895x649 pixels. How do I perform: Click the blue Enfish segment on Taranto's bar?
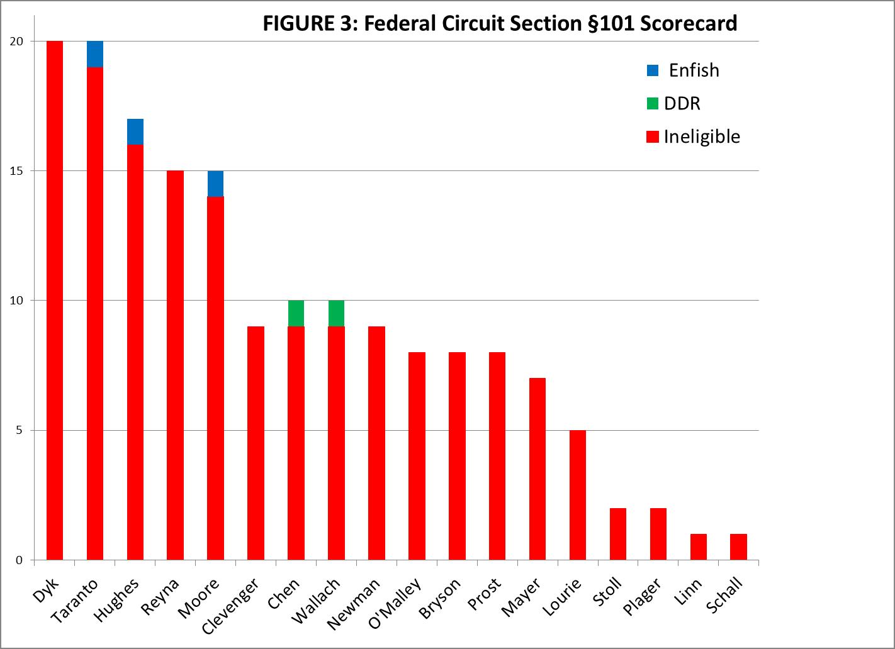95,54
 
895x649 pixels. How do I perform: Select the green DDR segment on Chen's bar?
296,313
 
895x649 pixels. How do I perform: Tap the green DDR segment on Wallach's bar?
336,313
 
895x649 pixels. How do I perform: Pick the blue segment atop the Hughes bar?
135,132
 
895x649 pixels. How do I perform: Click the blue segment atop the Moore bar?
215,184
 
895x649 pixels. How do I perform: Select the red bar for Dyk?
55,301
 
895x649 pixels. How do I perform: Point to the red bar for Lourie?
578,495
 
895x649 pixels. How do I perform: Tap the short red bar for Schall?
738,546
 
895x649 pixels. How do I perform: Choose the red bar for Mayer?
538,469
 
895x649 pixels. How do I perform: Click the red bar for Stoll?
618,534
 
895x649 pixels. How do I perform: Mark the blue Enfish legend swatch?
653,70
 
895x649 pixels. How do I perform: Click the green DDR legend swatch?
653,103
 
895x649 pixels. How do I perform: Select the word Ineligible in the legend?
702,136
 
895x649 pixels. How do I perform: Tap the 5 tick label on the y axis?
19,431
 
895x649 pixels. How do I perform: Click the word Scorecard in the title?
689,23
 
